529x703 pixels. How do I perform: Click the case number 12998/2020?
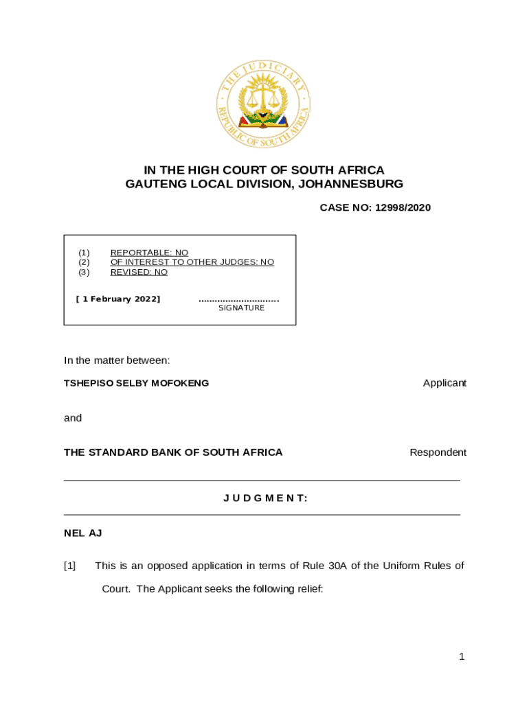[403, 207]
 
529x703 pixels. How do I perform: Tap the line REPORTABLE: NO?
[149, 253]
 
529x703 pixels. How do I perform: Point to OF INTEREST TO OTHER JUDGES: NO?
[192, 262]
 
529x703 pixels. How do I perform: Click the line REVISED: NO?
[139, 272]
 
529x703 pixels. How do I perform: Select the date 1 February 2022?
[117, 299]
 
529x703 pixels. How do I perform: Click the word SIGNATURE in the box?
[241, 308]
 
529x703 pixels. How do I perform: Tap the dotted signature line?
[238, 300]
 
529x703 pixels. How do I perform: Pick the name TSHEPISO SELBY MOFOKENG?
[136, 383]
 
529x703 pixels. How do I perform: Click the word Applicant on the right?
[444, 383]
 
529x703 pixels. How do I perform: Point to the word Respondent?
[438, 452]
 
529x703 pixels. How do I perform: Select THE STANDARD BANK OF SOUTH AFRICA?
[173, 452]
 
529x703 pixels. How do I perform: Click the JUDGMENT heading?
[265, 498]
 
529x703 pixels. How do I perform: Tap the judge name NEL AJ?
[83, 533]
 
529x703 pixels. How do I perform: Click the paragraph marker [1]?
[69, 566]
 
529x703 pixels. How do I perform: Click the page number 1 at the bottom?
[462, 657]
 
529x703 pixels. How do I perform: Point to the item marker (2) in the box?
[84, 262]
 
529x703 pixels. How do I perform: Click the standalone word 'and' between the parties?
[73, 417]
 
